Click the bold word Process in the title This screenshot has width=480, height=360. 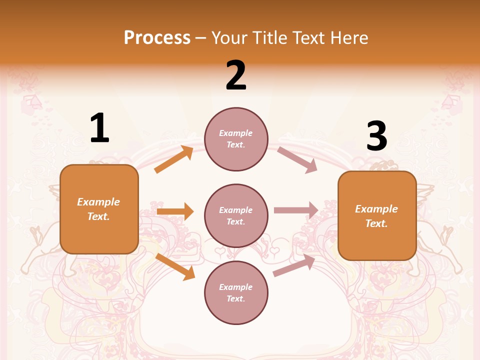157,37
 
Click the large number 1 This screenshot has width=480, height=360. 99,128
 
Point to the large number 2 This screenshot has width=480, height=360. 236,75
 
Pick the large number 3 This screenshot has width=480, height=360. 376,136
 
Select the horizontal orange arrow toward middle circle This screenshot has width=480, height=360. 175,211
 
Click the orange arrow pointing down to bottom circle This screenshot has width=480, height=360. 175,266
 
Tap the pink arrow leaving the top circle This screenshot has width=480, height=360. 297,159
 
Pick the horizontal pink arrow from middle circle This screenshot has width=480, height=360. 296,210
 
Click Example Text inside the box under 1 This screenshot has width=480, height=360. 98,209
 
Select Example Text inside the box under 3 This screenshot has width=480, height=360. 376,216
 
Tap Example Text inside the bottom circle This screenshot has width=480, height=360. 236,292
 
